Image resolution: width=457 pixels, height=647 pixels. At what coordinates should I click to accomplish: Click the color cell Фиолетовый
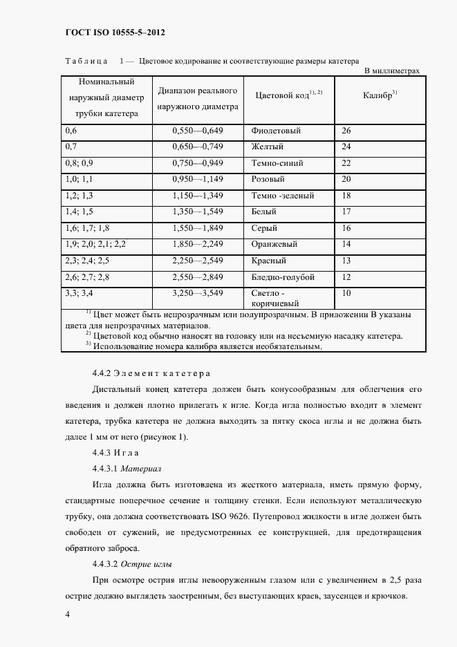click(274, 131)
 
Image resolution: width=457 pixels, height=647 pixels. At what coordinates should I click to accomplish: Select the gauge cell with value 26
click(347, 131)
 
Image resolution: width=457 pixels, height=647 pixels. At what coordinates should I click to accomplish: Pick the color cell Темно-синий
click(278, 163)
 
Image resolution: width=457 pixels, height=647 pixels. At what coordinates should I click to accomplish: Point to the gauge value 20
click(347, 179)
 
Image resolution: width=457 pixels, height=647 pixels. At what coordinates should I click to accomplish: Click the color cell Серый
click(265, 228)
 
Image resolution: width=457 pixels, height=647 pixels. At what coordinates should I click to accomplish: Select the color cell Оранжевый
click(274, 244)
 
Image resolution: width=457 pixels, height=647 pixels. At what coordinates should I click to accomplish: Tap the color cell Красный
click(270, 261)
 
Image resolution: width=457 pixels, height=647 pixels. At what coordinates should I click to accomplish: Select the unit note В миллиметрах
click(391, 71)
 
